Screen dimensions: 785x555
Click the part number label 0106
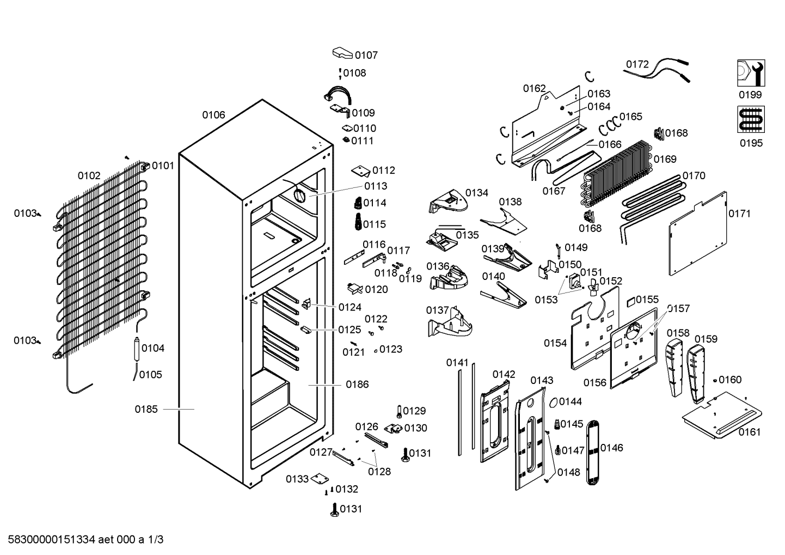213,115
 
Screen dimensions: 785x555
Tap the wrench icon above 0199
751,73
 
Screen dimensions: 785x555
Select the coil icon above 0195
751,120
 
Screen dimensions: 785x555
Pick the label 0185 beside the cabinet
146,409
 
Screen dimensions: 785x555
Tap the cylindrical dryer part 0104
136,348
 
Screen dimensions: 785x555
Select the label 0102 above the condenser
89,176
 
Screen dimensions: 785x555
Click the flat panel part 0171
697,233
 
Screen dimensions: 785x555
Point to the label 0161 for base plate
750,432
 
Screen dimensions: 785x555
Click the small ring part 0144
553,402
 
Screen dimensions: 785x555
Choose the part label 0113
376,186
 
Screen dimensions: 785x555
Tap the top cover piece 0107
342,53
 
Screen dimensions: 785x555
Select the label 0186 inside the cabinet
357,385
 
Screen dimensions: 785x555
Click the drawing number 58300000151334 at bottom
52,540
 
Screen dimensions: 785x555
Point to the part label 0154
555,343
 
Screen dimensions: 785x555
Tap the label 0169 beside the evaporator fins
665,159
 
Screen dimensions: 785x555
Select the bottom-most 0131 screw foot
334,510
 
